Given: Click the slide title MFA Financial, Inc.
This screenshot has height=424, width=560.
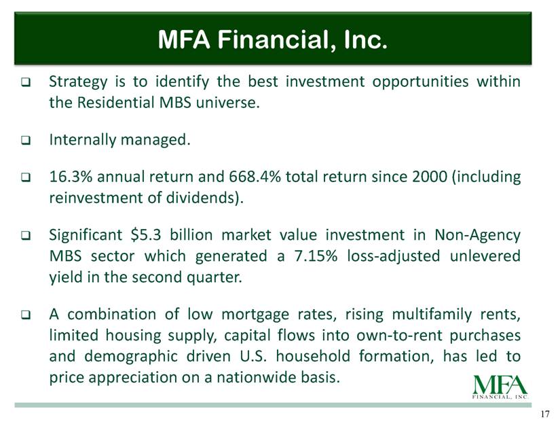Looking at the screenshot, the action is coord(272,39).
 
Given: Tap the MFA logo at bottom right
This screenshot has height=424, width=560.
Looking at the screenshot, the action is coord(500,387).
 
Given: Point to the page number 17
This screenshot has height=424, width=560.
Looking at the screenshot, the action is coord(544,414).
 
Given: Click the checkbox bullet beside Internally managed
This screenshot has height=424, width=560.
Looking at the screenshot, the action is coord(26,140).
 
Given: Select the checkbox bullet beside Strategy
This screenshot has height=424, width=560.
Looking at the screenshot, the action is coord(26,82).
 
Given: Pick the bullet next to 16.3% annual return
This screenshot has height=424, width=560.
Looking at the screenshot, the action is coord(26,177).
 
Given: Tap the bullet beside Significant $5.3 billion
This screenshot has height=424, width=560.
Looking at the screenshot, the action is coord(26,236).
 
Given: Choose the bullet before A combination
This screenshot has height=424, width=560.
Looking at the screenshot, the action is coord(26,315).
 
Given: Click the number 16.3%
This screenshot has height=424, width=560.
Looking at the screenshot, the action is coord(71,177).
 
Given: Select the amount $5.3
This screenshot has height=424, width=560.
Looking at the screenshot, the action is coord(146,235).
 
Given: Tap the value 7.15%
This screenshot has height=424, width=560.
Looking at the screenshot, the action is coord(316,256).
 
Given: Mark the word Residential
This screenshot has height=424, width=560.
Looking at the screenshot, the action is coord(115,103).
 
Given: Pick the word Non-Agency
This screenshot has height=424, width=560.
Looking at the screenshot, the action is coord(477,236).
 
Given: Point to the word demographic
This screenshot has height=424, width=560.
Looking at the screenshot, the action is coord(131,357).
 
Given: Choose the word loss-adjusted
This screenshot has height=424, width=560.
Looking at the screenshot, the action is coord(393,257).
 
